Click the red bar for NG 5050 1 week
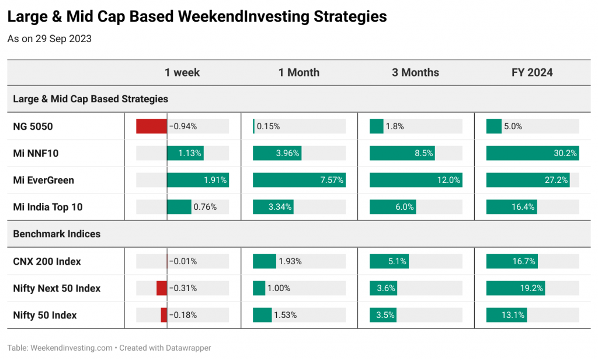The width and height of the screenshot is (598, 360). pos(151,126)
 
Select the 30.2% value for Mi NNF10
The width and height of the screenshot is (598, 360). pos(565,154)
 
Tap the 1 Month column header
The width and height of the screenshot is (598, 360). pos(299,72)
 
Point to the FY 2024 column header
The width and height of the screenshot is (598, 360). pos(532,72)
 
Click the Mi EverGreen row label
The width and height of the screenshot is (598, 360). pos(43,180)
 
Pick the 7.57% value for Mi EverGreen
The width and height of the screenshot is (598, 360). pos(332,180)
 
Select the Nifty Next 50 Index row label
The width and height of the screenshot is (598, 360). pos(57,288)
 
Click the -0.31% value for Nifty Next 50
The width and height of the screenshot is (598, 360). pos(183,288)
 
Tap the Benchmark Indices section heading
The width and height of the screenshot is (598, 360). pos(57,234)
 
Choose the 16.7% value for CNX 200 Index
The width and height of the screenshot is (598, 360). pos(524,261)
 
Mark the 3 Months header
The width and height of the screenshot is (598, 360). pos(415,72)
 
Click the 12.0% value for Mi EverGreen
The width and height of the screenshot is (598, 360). pos(448,180)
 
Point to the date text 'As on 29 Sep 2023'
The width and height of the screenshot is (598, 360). pos(50,39)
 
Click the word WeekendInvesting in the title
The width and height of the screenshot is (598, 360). pos(244,17)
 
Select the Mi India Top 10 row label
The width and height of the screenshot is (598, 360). pos(48,207)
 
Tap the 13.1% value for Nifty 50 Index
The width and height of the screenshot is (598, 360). pos(513,316)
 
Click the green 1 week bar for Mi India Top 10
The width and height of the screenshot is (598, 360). pos(179,207)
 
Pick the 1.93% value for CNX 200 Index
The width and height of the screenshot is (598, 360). pos(290,261)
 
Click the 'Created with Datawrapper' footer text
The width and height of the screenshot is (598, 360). pos(165,348)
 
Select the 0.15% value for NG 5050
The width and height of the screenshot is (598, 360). pos(268,126)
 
